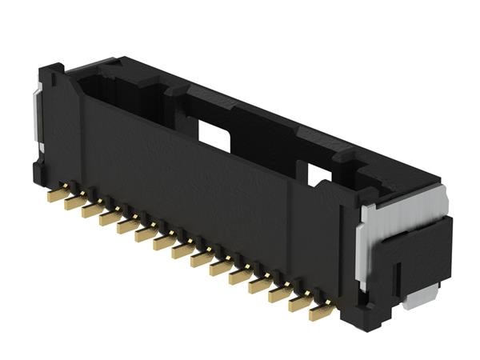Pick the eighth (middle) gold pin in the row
click(182, 250)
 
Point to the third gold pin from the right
click(281, 293)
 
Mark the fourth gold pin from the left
click(110, 218)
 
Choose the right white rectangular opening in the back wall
click(320, 175)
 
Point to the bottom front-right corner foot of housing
click(352, 312)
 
